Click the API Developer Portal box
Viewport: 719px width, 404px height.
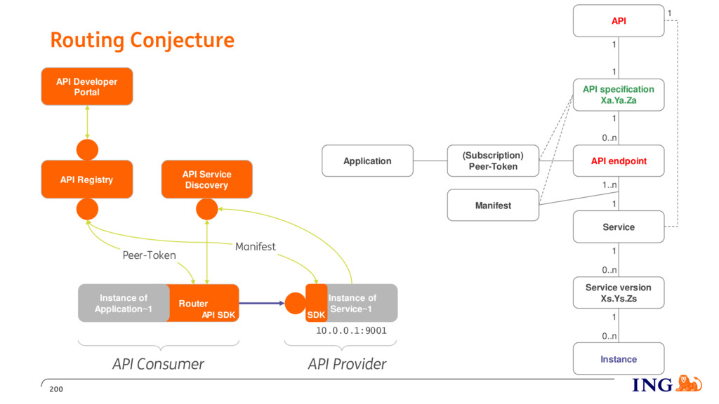(x=87, y=86)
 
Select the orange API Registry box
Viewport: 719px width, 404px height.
(x=87, y=179)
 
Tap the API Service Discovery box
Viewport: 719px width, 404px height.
(x=207, y=179)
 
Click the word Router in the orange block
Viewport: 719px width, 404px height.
(x=193, y=304)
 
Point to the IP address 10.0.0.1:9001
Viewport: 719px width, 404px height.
(x=351, y=331)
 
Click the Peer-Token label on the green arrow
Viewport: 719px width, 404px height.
(x=149, y=255)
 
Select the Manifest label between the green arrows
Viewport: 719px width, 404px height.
(x=256, y=246)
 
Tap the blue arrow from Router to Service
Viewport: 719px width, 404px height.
(x=262, y=303)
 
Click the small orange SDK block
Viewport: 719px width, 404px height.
(x=317, y=303)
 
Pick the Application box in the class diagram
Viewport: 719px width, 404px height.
(x=367, y=161)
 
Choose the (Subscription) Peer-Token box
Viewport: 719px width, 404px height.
(x=493, y=161)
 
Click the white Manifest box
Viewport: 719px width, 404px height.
(x=493, y=206)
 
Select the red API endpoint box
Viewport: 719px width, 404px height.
(x=619, y=161)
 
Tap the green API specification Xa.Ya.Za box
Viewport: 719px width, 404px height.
(x=619, y=95)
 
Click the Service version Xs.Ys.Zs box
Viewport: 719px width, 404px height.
(x=619, y=292)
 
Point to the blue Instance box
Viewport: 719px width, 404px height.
(x=619, y=358)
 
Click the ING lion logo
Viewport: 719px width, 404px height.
(x=690, y=384)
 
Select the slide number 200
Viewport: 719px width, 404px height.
(x=56, y=389)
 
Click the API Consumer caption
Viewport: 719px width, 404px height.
(x=158, y=364)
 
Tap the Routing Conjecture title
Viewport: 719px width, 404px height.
(x=142, y=40)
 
